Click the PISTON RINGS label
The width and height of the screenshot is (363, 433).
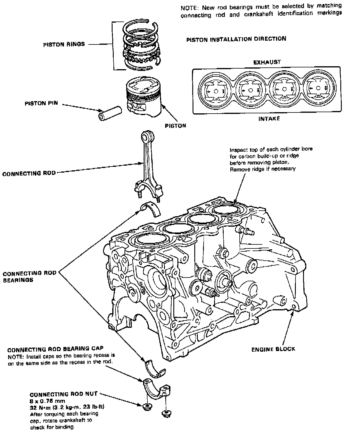coord(64,44)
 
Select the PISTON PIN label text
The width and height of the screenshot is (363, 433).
coord(41,103)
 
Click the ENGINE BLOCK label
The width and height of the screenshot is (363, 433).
coord(273,349)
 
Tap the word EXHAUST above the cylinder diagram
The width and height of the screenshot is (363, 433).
coord(267,62)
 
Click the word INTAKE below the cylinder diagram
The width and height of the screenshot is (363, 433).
coord(269,119)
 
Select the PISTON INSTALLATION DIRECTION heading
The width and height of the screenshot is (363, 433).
coord(236,39)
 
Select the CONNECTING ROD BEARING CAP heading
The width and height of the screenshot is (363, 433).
coord(55,349)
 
